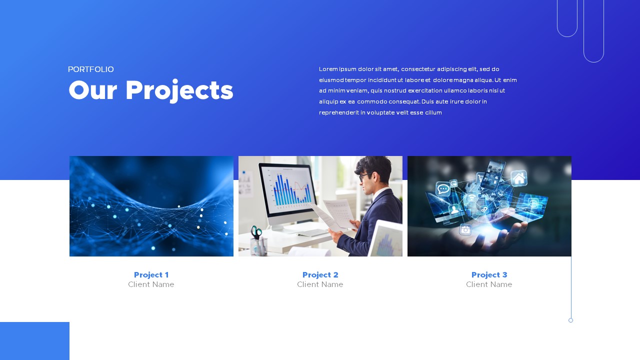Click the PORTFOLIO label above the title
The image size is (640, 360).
click(91, 69)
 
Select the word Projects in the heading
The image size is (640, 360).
click(179, 91)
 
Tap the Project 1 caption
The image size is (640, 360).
click(151, 275)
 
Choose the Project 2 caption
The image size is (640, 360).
click(320, 275)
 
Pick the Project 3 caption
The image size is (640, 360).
click(489, 275)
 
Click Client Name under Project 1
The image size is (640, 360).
click(151, 285)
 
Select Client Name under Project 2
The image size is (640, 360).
click(320, 285)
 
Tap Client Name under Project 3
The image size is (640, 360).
click(489, 285)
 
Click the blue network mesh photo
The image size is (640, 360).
click(151, 206)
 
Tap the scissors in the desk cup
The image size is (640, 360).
click(256, 232)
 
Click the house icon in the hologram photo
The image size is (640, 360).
click(518, 178)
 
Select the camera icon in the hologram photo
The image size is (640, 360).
click(465, 229)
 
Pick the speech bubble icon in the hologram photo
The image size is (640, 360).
click(443, 188)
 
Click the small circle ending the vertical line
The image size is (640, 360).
click(570, 320)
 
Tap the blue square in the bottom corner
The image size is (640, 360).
click(34, 341)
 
